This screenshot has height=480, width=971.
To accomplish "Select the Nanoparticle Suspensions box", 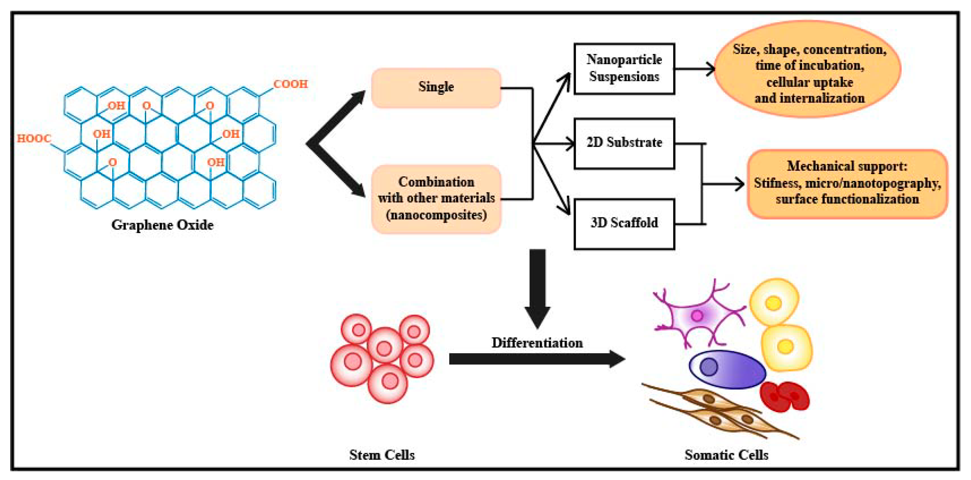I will tap(624, 69).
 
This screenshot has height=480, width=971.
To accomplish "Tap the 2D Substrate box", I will tap(624, 143).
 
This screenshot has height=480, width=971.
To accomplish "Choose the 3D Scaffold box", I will tap(624, 224).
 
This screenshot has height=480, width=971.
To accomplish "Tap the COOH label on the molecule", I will tap(290, 84).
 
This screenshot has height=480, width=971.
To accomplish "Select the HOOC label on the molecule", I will tap(34, 139).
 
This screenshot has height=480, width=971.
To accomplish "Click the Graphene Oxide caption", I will tap(163, 225).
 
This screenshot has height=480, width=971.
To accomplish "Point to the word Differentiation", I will tap(537, 343).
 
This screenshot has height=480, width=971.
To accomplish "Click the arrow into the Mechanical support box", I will tap(724, 184).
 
